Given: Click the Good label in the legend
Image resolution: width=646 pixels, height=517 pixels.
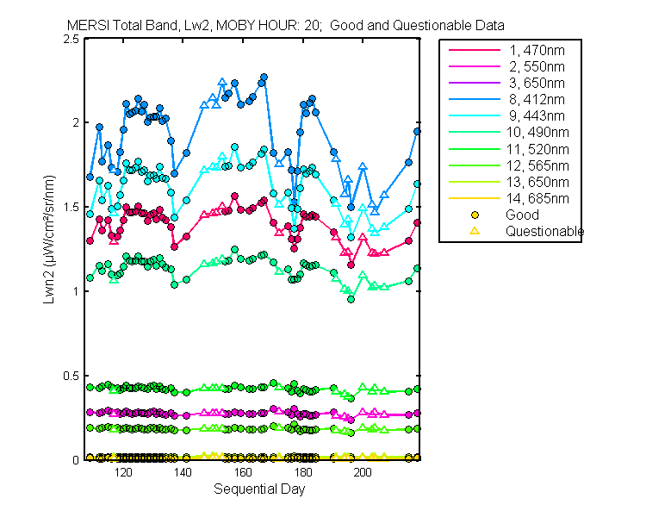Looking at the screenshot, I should click(522, 215).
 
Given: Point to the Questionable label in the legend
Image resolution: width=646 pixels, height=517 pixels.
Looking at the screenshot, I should click(544, 231).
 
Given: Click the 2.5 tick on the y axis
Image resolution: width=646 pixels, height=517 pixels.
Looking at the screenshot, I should click(71, 39).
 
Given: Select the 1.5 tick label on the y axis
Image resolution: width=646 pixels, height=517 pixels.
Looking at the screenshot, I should click(71, 208).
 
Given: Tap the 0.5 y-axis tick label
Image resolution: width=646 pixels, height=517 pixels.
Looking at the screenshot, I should click(71, 376).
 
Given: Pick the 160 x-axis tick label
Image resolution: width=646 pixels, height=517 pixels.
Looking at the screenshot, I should click(243, 473).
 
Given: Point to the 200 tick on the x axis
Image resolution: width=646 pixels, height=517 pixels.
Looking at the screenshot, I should click(363, 473).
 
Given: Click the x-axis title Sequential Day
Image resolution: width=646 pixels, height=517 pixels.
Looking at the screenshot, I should click(258, 489).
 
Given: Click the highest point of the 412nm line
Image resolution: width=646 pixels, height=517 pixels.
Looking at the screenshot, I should click(264, 78).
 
